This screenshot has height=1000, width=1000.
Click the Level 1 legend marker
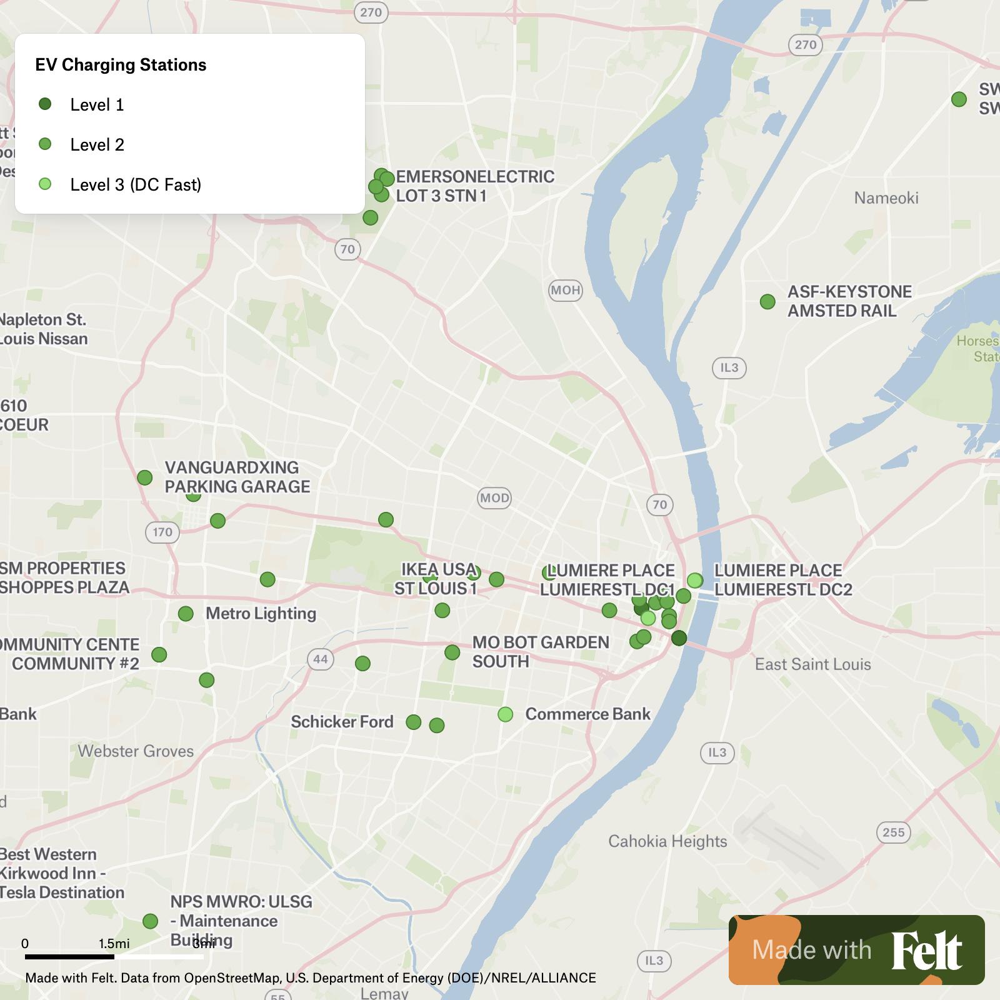[x=45, y=104]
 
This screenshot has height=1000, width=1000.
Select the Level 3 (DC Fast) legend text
[x=136, y=184]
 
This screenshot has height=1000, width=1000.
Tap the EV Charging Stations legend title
[x=121, y=65]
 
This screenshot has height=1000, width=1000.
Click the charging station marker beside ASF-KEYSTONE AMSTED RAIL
[x=767, y=302]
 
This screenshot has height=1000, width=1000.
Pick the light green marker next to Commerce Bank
[x=506, y=714]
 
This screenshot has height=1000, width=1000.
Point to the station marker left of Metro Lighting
[x=186, y=614]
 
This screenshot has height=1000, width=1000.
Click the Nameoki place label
[x=886, y=198]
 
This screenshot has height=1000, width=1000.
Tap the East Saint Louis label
[x=812, y=664]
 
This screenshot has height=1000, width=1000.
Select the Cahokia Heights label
[x=667, y=841]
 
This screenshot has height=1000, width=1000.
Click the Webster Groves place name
[x=136, y=751]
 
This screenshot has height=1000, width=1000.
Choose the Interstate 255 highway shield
[x=893, y=832]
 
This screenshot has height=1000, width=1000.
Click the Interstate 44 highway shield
[x=321, y=659]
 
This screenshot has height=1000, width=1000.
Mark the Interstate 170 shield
[x=162, y=532]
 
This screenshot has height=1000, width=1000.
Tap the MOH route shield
[x=566, y=290]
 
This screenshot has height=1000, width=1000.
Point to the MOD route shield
[x=494, y=498]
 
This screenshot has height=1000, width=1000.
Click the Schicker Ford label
[x=342, y=722]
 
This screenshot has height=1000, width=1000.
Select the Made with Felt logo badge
[x=856, y=949]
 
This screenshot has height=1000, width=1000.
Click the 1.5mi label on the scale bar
[x=114, y=943]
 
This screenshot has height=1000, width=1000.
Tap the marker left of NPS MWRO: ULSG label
[x=150, y=921]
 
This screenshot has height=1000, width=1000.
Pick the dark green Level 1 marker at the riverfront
[x=679, y=638]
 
